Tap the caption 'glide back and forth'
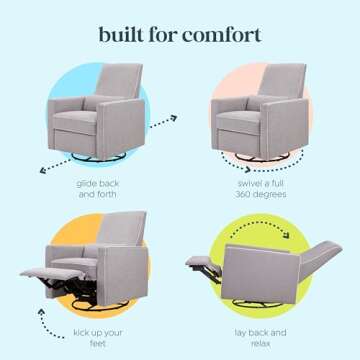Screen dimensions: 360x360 (x=97, y=189)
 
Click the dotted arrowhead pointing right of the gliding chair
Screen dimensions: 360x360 (x=172, y=118)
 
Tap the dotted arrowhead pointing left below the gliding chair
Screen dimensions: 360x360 (x=43, y=171)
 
